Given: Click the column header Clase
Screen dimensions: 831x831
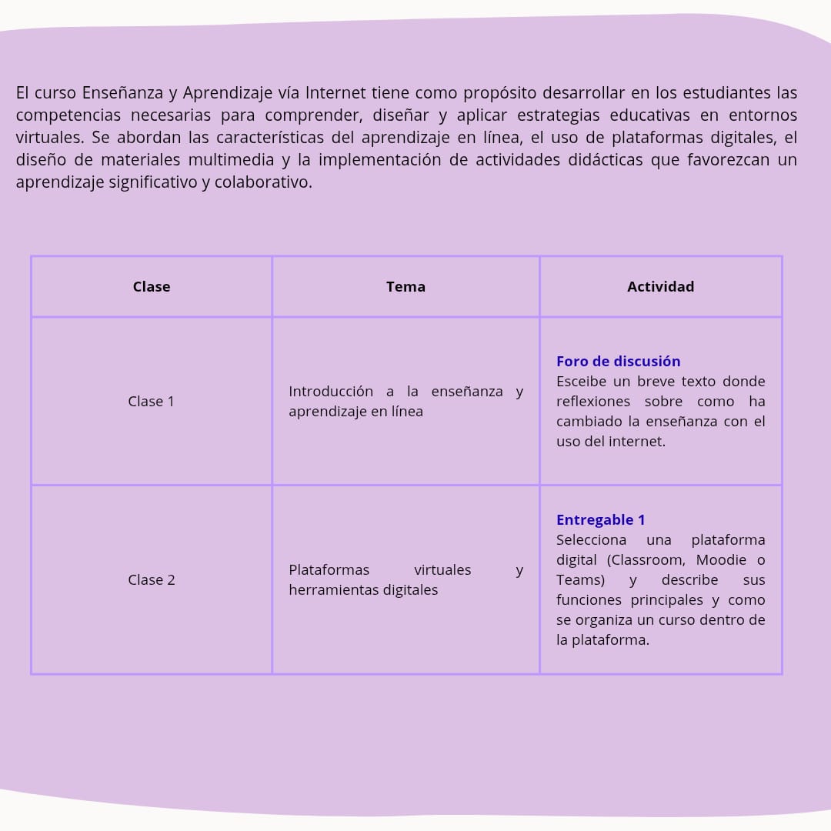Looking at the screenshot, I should [x=152, y=287].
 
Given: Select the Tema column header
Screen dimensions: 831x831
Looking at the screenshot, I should [x=405, y=287].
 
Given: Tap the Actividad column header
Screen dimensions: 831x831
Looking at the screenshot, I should [x=660, y=287].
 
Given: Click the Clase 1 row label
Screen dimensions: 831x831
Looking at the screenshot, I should [x=151, y=402].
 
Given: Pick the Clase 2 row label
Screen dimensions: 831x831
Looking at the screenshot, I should [x=152, y=580].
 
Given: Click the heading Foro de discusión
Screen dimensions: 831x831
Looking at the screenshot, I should [x=618, y=362].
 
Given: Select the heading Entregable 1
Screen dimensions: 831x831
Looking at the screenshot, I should [x=600, y=520].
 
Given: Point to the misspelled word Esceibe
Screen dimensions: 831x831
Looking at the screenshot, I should [x=581, y=382].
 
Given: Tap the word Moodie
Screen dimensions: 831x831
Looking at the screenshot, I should [x=721, y=560].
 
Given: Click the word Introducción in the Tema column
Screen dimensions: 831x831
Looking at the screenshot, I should [x=331, y=392].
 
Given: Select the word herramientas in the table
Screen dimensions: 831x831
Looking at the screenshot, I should [x=324, y=590].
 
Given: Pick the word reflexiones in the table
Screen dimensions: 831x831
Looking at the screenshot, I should [x=593, y=402].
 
